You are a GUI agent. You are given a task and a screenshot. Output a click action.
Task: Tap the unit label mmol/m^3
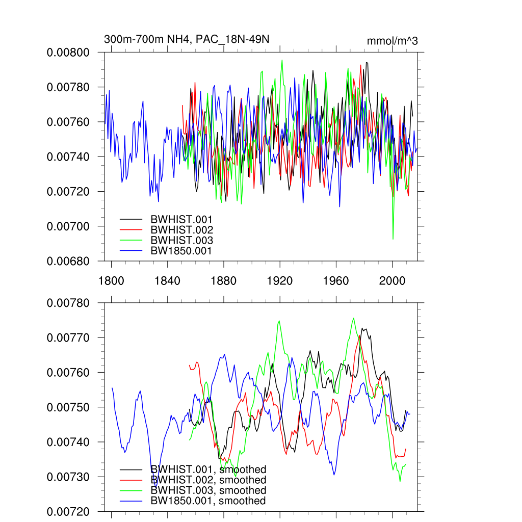pyautogui.click(x=392, y=41)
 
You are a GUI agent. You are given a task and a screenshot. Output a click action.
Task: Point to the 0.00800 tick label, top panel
pyautogui.click(x=68, y=53)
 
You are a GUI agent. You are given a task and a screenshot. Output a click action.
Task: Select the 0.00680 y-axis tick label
pyautogui.click(x=68, y=261)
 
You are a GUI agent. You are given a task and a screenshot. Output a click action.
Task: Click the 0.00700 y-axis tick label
pyautogui.click(x=68, y=226)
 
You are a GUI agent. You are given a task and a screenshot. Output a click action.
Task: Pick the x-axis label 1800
pyautogui.click(x=111, y=280)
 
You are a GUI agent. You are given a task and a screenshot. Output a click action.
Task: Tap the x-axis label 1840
pyautogui.click(x=167, y=280)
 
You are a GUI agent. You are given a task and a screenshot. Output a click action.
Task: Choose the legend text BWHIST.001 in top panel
pyautogui.click(x=181, y=219)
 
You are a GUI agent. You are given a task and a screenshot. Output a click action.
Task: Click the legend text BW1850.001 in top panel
pyautogui.click(x=181, y=251)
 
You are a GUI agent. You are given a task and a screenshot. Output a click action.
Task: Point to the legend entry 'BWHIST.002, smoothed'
pyautogui.click(x=208, y=480)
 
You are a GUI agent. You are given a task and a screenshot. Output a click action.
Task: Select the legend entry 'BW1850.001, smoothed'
pyautogui.click(x=208, y=501)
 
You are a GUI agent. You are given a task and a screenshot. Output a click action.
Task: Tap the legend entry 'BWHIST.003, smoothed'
pyautogui.click(x=208, y=490)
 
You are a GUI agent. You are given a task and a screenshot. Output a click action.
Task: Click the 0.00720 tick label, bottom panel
pyautogui.click(x=68, y=511)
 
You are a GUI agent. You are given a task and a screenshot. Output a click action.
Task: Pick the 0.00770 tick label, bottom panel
pyautogui.click(x=68, y=338)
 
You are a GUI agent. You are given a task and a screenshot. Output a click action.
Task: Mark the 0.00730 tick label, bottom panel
pyautogui.click(x=68, y=477)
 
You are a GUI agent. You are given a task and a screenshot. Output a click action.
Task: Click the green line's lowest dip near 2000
pyautogui.click(x=393, y=239)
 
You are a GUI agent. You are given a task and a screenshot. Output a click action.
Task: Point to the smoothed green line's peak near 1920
pyautogui.click(x=279, y=321)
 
